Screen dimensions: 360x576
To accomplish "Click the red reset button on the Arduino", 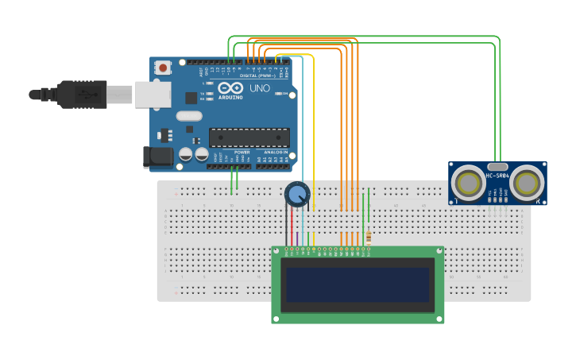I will (x=163, y=68).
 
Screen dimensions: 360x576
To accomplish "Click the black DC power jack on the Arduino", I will (x=157, y=157).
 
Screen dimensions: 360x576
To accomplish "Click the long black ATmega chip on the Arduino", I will (x=249, y=137).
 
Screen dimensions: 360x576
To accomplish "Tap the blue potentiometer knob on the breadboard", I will (x=297, y=194).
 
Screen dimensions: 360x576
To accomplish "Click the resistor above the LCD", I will (x=369, y=237).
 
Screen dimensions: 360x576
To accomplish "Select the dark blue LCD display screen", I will (x=358, y=285).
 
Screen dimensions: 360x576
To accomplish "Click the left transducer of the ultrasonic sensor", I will (x=467, y=184).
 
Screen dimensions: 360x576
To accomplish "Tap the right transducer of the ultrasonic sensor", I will (x=527, y=184).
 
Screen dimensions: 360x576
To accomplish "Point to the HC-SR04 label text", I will (x=497, y=176).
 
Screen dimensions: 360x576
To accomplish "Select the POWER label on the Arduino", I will (x=242, y=152).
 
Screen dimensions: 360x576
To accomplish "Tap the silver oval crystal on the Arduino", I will (x=189, y=116).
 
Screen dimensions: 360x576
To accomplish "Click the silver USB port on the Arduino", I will (x=152, y=95).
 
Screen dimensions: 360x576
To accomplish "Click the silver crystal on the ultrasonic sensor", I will (x=497, y=167).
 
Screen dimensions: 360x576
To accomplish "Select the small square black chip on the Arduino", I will (x=191, y=98).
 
